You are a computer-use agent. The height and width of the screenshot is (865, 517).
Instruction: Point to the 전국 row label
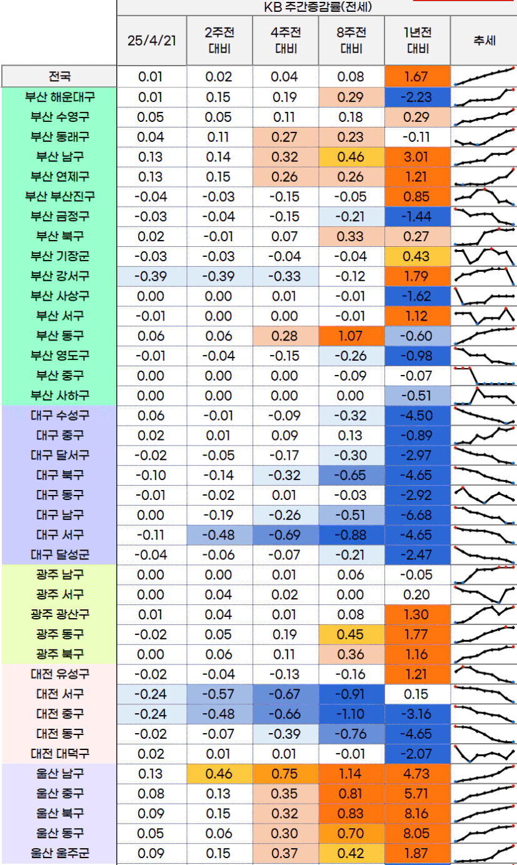[59, 77]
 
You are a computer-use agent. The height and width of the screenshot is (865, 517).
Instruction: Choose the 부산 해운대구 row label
[59, 97]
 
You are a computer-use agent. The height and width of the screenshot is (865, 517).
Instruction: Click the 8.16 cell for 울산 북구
[416, 813]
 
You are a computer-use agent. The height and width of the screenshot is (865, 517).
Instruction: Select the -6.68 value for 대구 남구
[416, 515]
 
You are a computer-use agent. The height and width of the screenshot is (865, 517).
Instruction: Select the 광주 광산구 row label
[59, 614]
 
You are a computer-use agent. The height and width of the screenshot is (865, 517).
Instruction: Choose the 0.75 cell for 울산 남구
[285, 773]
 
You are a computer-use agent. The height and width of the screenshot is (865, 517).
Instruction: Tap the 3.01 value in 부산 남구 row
[416, 157]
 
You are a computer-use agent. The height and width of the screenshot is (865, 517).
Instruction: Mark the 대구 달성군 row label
[59, 554]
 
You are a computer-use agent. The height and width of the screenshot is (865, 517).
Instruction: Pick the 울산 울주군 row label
[59, 852]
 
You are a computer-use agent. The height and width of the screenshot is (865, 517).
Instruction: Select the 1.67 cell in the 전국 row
[416, 77]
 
